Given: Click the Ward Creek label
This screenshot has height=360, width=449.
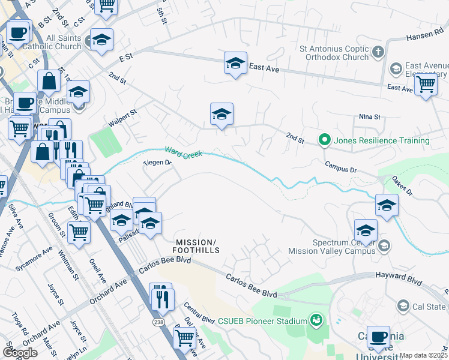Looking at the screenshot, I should (183, 152).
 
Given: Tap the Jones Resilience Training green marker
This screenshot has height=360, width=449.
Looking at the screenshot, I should (325, 140).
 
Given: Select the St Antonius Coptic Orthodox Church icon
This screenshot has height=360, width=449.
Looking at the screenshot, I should (378, 52).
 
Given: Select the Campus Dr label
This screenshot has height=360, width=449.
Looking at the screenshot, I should (340, 167).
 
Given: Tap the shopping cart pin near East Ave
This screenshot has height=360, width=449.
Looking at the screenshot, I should (426, 85).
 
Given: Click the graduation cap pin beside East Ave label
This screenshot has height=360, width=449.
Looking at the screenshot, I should (236, 62).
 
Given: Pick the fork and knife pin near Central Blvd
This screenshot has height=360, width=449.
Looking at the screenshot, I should (160, 297).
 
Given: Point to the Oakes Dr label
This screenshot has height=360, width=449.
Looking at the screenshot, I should (402, 185).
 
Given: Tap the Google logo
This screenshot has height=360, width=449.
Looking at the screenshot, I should (19, 353).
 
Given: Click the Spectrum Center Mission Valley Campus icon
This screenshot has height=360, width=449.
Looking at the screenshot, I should (384, 245).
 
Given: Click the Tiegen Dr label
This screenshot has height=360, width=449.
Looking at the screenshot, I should (157, 162).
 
